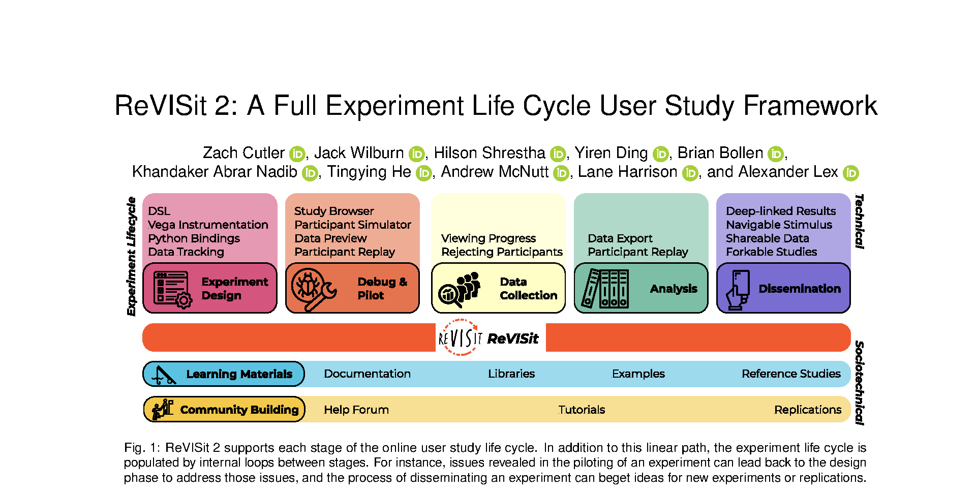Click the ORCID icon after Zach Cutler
[x=297, y=154]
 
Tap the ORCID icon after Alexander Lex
[x=850, y=173]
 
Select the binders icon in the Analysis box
[x=606, y=289]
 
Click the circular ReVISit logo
[x=460, y=337]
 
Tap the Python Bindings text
[x=194, y=238]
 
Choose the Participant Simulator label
[x=352, y=225]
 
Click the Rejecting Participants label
[x=502, y=252]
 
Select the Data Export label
[x=620, y=238]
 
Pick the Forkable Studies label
[x=771, y=252]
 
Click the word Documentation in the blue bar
[x=367, y=374]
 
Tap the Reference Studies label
[x=791, y=374]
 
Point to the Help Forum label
[x=356, y=410]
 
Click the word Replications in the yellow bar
[x=808, y=410]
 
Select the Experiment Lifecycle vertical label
[x=132, y=256]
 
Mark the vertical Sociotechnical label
[x=859, y=383]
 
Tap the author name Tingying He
[x=369, y=172]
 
